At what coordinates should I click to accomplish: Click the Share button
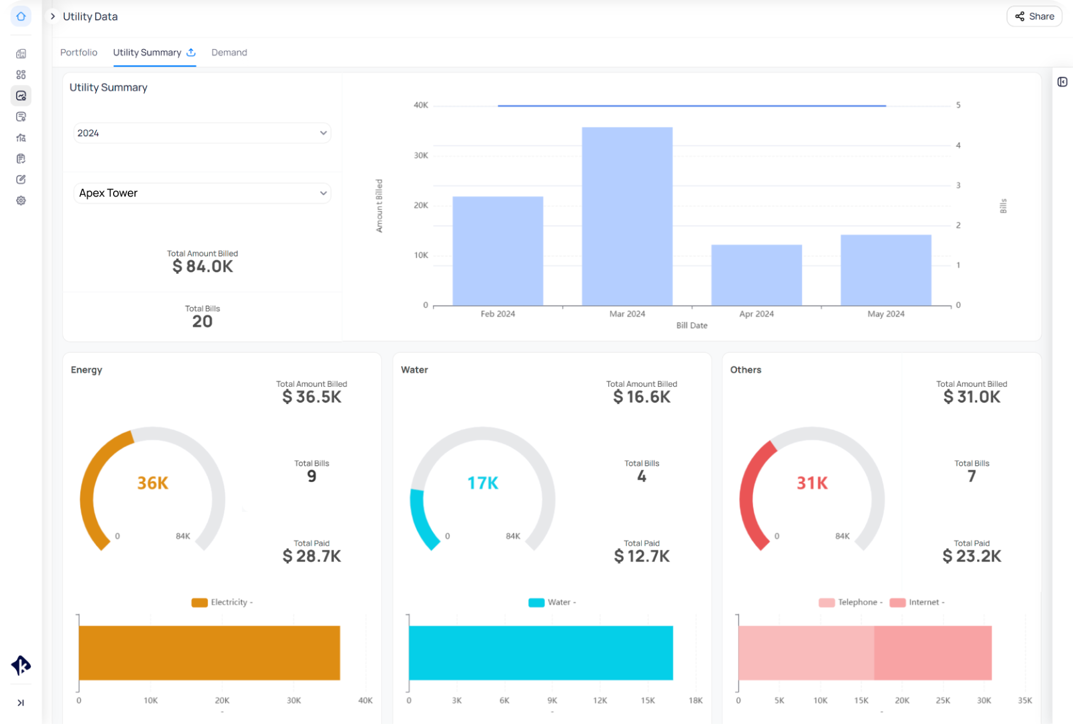point(1034,16)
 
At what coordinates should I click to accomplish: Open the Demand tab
point(229,52)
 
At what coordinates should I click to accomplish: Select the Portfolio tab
point(79,52)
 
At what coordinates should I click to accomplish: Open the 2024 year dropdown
point(202,133)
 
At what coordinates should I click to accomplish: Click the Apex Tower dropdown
point(202,193)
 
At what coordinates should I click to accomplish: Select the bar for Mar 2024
point(627,216)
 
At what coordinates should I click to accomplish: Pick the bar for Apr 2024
point(756,275)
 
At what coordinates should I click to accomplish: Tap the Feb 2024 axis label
point(498,314)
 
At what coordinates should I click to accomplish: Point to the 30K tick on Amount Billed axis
point(421,155)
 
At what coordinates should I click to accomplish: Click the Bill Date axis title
point(692,326)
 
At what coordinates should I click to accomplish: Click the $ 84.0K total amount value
point(202,266)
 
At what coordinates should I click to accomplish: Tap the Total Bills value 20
point(202,321)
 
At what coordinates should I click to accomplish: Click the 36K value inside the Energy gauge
point(152,483)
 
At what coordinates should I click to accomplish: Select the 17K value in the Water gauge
point(483,483)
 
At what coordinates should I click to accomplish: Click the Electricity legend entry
point(222,603)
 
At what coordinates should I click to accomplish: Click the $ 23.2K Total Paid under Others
point(971,556)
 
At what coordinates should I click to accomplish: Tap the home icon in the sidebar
point(21,17)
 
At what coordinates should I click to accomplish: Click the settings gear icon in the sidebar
point(21,201)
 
